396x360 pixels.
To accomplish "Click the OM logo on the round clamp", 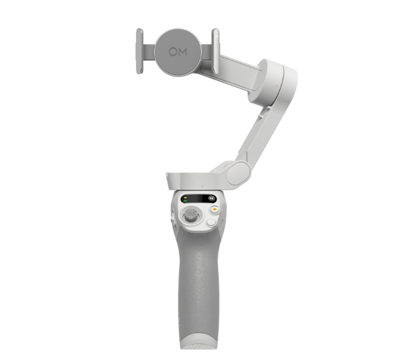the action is tap(178, 52).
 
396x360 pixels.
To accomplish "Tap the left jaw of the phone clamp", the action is tap(139, 51).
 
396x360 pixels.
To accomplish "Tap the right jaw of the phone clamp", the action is tap(215, 51).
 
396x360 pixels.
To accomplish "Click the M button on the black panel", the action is tap(212, 199).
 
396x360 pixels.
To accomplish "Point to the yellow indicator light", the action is tap(185, 197).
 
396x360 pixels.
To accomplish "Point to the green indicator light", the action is tap(185, 201).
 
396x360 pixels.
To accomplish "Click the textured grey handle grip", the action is tap(197, 280).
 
